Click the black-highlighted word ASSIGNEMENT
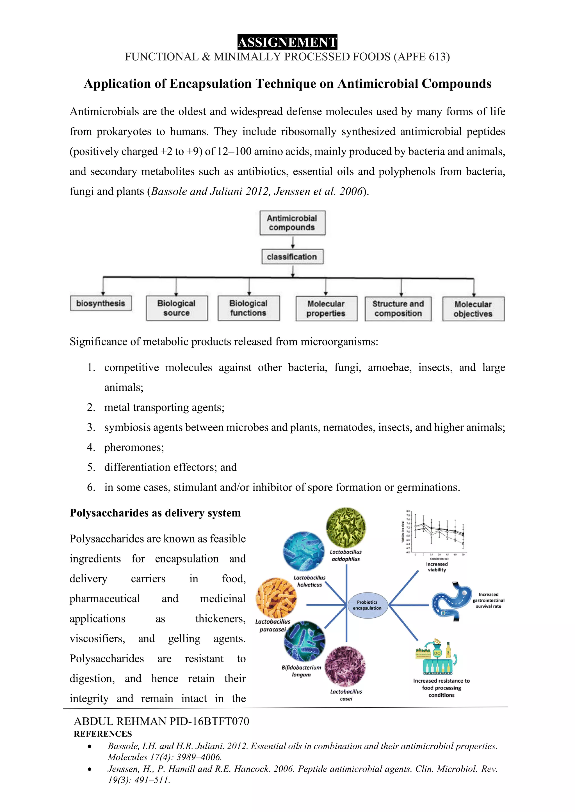(x=287, y=42)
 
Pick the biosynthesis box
(x=101, y=303)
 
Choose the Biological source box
(x=177, y=308)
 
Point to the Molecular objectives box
(x=473, y=309)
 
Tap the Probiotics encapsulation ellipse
(x=367, y=605)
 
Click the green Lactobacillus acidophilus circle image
(x=346, y=528)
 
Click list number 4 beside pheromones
(x=91, y=447)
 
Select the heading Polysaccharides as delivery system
(x=155, y=513)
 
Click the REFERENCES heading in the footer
(x=103, y=734)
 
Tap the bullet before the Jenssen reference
(x=90, y=769)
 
